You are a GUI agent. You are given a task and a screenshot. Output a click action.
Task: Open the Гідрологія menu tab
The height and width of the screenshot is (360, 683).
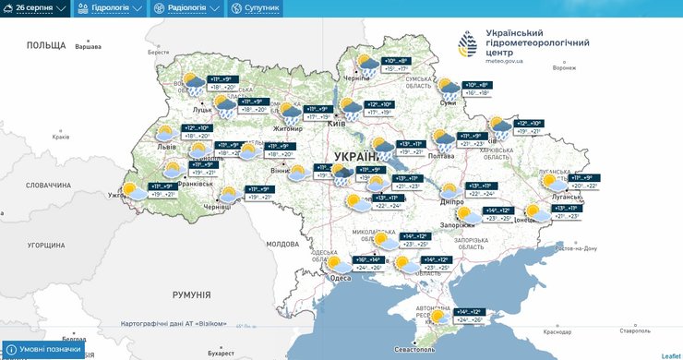click(x=110, y=8)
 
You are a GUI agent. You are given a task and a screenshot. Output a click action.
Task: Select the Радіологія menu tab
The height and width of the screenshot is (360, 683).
click(x=187, y=8)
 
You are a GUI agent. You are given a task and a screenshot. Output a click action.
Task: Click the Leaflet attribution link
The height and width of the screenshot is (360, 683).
click(x=670, y=354)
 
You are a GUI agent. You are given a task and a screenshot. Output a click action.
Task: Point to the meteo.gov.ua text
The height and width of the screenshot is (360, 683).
click(x=504, y=62)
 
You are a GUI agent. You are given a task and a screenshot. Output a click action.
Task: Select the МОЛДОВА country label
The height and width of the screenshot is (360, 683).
click(x=282, y=245)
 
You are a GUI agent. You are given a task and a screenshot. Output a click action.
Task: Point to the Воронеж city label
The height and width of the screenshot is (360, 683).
click(x=563, y=67)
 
